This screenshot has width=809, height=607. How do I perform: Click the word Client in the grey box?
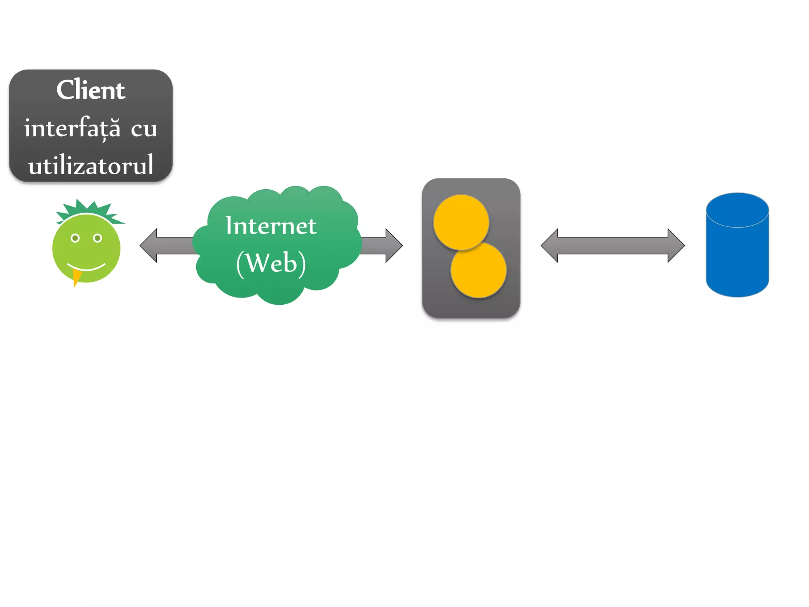[90, 90]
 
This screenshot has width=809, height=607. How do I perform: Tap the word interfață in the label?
[72, 128]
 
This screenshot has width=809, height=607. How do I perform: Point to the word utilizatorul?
[90, 165]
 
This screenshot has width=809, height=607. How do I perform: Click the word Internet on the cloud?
[271, 226]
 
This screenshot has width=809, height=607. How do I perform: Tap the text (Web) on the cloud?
[271, 263]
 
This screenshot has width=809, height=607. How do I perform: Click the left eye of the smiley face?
[75, 238]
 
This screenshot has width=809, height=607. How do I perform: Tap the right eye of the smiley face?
[98, 238]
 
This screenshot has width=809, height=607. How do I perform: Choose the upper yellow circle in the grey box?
[461, 222]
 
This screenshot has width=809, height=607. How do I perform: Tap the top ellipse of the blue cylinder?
[737, 210]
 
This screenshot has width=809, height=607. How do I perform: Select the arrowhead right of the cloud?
[393, 245]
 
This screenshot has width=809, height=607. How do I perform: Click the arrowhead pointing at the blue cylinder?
[676, 245]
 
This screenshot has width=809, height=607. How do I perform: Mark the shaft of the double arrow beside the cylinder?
[613, 245]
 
